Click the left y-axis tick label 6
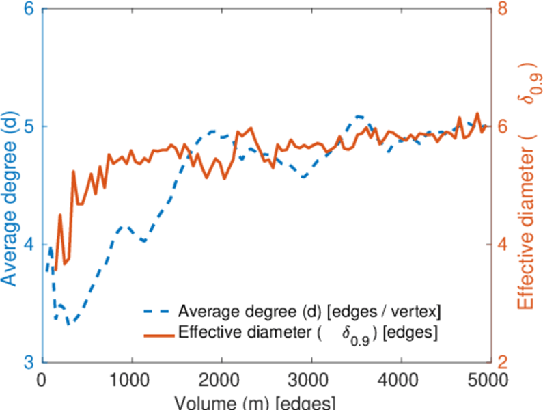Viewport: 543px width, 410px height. (x=30, y=10)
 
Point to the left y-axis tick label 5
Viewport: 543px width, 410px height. (x=30, y=127)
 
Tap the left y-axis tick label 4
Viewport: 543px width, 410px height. (x=30, y=245)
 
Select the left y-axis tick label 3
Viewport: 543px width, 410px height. (x=30, y=362)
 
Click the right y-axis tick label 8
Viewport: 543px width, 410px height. (x=504, y=10)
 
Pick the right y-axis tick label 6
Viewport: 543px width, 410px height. (x=504, y=127)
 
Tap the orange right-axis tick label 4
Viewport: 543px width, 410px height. (x=504, y=245)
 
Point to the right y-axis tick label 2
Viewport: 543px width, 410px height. (x=504, y=362)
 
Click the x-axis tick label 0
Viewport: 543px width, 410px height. (x=42, y=381)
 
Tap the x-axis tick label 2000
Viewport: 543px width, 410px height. (x=221, y=381)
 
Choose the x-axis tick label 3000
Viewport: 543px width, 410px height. (x=311, y=381)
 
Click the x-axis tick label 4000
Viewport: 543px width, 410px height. (x=401, y=381)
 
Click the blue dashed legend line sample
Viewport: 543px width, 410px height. (x=158, y=312)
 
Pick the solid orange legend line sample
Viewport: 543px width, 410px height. (x=158, y=334)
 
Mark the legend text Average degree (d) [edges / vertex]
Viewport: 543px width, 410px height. (x=309, y=312)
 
